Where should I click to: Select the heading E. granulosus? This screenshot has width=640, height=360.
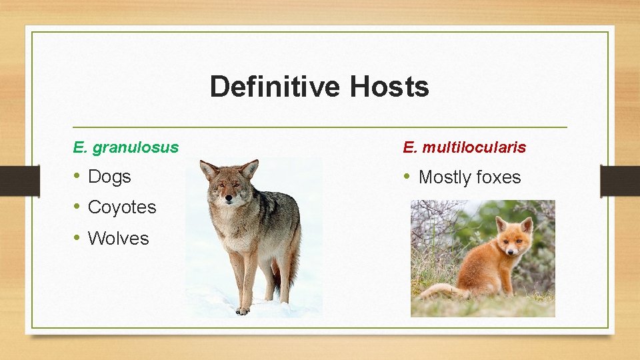(126, 147)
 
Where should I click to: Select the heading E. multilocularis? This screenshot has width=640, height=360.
(464, 147)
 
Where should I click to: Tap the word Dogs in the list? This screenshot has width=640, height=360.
(109, 177)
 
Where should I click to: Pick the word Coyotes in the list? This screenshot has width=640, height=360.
(122, 207)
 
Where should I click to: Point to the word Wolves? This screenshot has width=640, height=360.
(119, 238)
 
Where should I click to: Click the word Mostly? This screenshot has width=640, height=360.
(444, 177)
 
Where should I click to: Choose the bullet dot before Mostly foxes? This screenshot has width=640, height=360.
(407, 177)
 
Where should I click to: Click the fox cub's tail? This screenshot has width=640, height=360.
(440, 291)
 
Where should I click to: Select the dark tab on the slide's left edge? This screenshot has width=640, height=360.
(11, 181)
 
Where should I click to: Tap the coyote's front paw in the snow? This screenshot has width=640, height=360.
(243, 310)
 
